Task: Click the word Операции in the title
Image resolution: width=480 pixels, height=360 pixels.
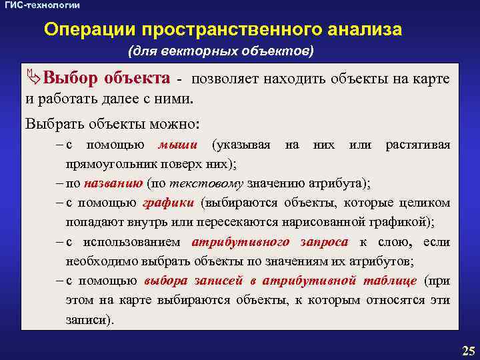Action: (x=82, y=30)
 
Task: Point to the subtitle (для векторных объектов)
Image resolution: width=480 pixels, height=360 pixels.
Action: (x=221, y=51)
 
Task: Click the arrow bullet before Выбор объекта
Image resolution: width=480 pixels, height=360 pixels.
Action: (x=33, y=79)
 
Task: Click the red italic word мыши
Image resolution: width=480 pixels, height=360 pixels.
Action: (x=177, y=145)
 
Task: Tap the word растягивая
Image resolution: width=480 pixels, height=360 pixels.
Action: (x=417, y=145)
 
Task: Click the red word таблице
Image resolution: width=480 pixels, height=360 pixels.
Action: (x=391, y=281)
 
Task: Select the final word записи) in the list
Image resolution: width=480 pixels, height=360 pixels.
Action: (x=90, y=320)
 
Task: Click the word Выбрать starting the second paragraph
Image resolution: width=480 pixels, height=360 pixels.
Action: (x=51, y=123)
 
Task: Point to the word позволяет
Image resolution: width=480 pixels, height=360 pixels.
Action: (x=226, y=79)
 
